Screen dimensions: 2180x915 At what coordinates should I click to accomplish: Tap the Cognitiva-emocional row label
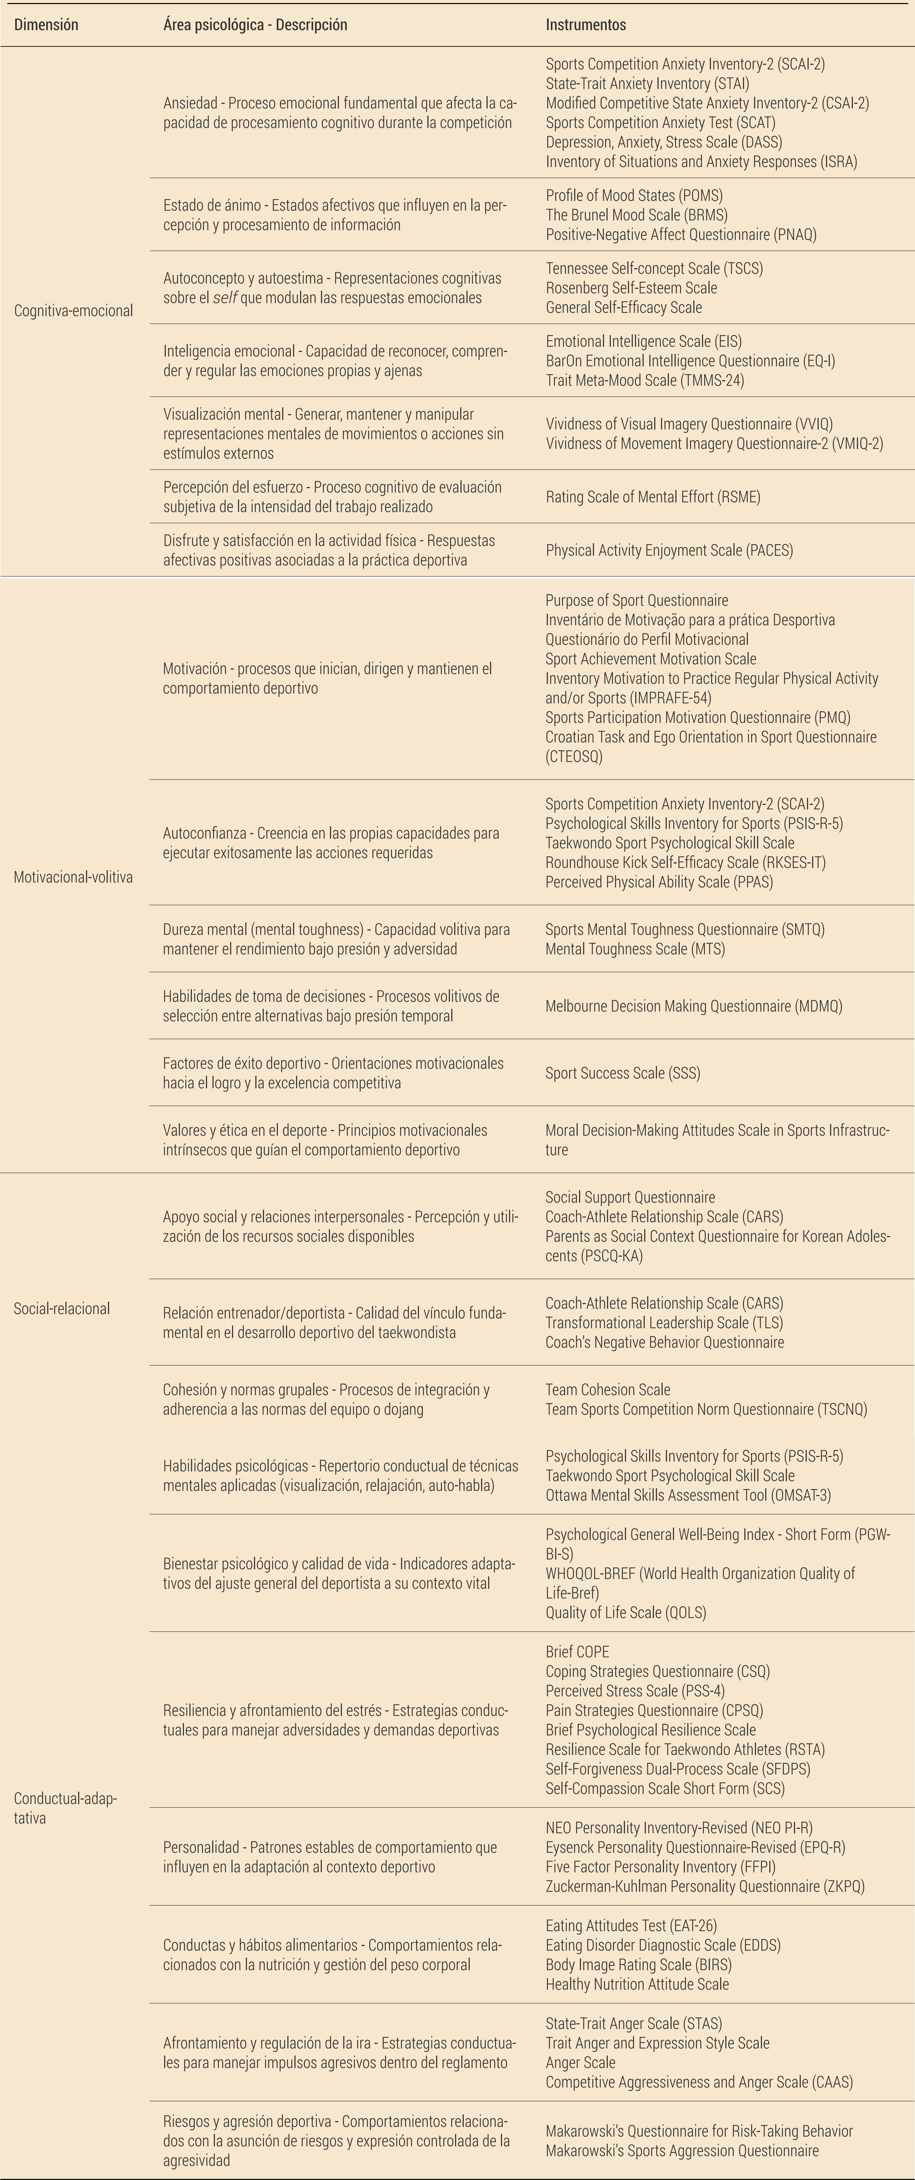click(x=74, y=310)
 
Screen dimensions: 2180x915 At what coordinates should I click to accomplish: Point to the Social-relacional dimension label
click(x=62, y=1308)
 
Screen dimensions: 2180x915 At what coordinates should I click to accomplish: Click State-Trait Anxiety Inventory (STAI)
click(x=647, y=84)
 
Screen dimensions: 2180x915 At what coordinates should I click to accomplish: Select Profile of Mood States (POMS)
click(x=634, y=196)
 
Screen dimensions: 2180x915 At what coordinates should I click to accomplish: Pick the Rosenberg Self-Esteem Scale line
click(x=631, y=288)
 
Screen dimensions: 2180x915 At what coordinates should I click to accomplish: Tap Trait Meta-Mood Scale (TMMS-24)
click(x=644, y=380)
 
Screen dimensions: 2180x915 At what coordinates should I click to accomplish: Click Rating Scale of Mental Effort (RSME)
click(x=653, y=497)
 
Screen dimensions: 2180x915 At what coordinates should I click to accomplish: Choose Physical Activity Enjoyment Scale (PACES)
click(x=669, y=550)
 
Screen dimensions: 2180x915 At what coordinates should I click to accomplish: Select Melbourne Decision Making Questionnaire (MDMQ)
click(x=693, y=1006)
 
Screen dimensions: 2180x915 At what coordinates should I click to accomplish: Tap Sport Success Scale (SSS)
click(x=622, y=1073)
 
